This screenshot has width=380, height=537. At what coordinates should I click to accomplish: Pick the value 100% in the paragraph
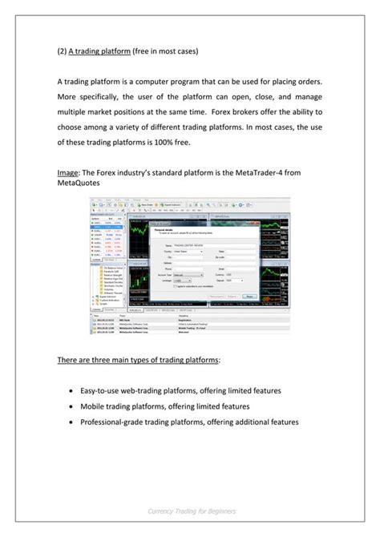coord(186,142)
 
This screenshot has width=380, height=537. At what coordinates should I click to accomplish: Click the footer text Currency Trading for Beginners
coord(189,511)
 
